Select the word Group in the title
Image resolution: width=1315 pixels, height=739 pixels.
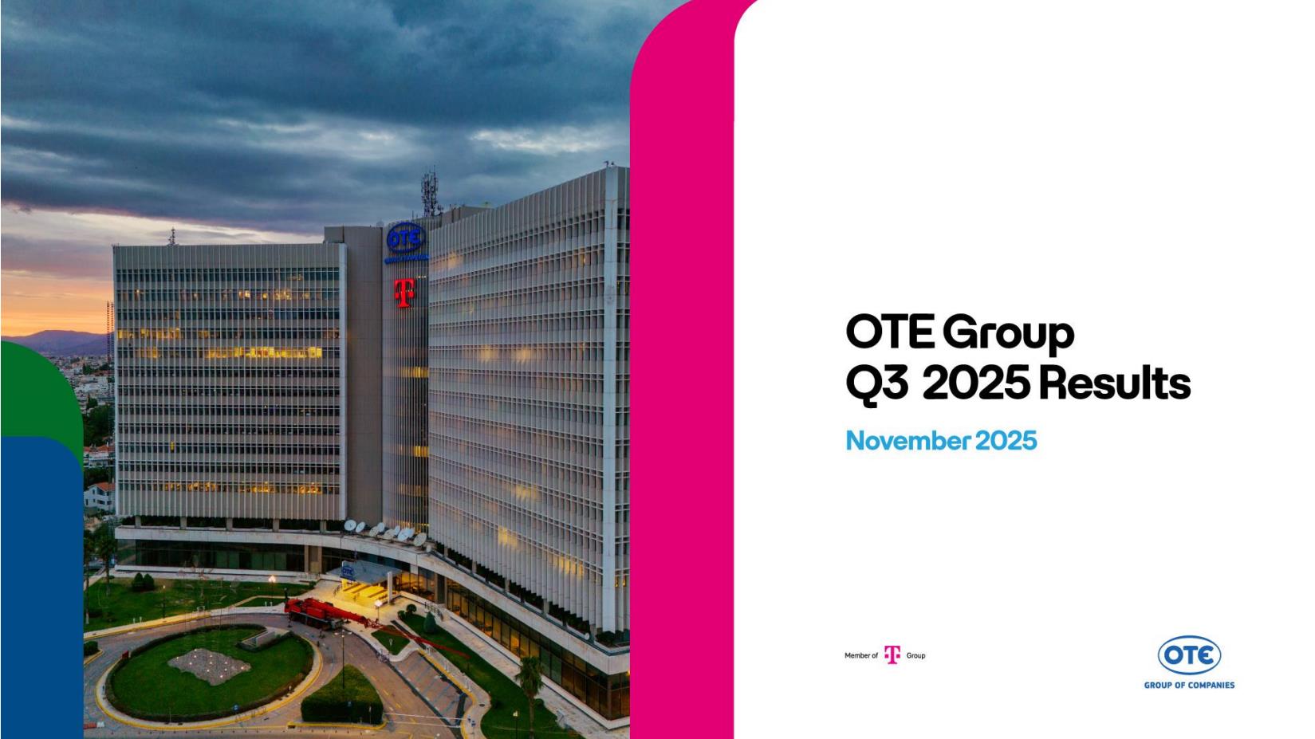[1009, 335]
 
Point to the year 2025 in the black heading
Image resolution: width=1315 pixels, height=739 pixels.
[977, 383]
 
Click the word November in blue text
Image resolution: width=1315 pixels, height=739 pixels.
[908, 441]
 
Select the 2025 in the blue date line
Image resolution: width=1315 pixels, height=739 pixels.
[1006, 441]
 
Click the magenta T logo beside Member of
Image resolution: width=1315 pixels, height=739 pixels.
[892, 654]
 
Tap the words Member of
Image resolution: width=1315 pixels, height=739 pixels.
[861, 655]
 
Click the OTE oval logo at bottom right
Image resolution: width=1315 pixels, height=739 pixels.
[1189, 655]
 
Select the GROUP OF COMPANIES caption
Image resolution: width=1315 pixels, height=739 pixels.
[1189, 685]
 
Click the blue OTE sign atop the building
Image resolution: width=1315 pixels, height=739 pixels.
[406, 238]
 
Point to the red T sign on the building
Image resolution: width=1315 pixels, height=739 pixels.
[404, 293]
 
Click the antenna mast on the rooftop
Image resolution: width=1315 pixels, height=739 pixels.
[431, 193]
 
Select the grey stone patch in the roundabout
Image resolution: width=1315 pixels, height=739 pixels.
[210, 666]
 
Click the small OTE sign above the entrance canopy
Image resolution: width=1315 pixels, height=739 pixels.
[348, 571]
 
